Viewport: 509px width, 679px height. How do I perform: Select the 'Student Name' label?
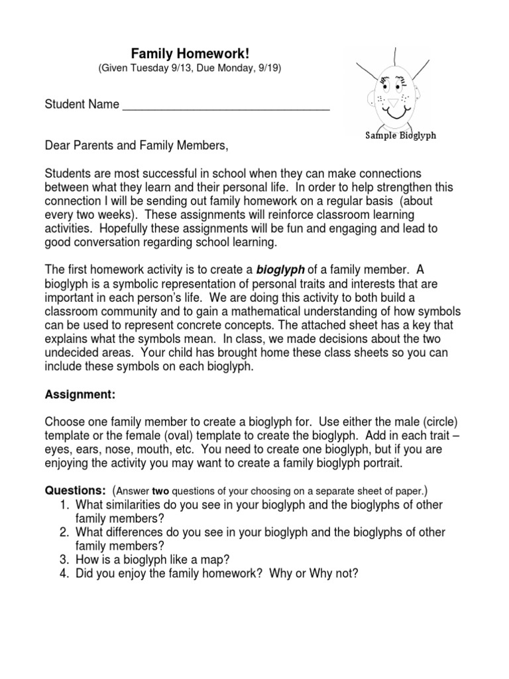(x=82, y=104)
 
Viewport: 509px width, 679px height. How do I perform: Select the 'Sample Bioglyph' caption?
(x=401, y=135)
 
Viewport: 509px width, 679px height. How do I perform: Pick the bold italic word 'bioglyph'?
(x=279, y=269)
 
